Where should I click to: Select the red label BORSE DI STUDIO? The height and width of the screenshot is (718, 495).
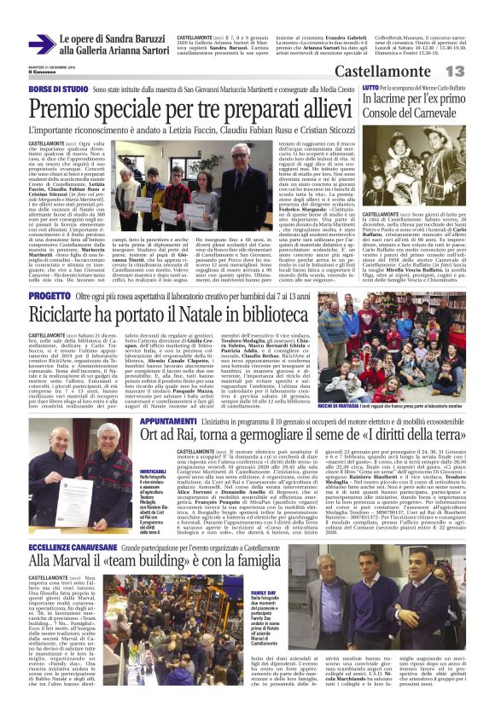[58, 88]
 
